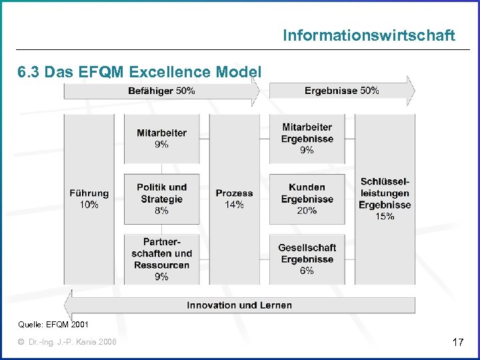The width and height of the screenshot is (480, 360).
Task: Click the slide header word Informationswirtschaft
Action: [x=369, y=35]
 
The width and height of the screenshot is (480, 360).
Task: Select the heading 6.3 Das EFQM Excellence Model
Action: [x=139, y=71]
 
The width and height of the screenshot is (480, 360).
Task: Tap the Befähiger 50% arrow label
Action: [x=162, y=91]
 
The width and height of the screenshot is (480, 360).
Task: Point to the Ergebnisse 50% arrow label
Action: [x=341, y=91]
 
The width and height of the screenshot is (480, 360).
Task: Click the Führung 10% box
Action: [x=89, y=199]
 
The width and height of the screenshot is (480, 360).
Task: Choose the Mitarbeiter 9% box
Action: [x=161, y=139]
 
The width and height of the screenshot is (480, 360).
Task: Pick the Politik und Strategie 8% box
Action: [x=161, y=199]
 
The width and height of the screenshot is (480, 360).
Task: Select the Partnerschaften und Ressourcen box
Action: [x=161, y=259]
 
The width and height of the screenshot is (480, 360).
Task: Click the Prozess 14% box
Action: [x=234, y=199]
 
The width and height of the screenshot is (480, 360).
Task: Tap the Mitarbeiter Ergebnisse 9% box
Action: [x=307, y=139]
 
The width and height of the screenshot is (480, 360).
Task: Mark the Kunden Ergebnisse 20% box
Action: [x=307, y=199]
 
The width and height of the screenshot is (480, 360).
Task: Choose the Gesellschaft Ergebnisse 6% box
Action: [x=307, y=259]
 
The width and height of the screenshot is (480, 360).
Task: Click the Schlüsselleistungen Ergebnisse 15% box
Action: [x=385, y=199]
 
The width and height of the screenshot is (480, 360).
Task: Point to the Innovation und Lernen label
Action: [x=239, y=305]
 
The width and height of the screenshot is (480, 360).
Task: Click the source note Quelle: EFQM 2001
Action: [x=53, y=325]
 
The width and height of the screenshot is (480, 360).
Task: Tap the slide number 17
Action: [x=457, y=343]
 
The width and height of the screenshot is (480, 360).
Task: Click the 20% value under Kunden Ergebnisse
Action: [x=307, y=211]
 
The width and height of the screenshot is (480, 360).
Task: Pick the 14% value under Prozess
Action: [x=234, y=205]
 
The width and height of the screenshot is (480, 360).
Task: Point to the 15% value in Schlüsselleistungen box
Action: [x=385, y=217]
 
